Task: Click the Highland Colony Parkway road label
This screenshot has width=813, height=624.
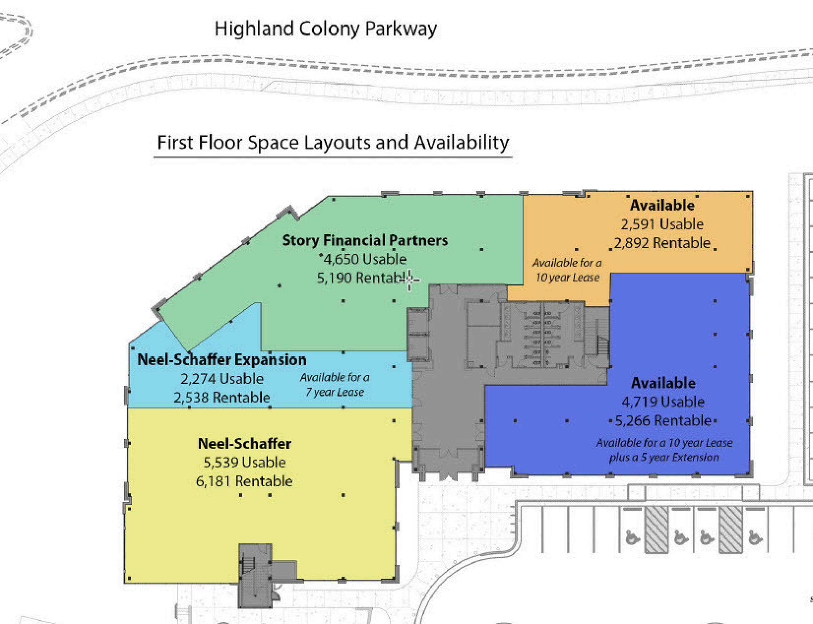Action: click(x=325, y=29)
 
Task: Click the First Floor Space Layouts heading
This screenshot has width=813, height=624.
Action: click(x=333, y=143)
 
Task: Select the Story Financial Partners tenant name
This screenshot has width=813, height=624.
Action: click(x=365, y=240)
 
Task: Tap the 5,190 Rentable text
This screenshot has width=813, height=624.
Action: click(x=362, y=278)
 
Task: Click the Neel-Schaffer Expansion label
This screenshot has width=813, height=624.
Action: click(x=222, y=359)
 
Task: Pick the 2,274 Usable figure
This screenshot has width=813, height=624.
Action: click(x=222, y=378)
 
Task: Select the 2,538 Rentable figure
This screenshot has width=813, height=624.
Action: click(x=222, y=397)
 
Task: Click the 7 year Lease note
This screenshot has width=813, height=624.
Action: click(x=335, y=392)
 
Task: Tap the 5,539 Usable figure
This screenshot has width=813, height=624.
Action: click(x=244, y=462)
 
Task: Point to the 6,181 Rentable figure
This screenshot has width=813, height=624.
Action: click(x=244, y=481)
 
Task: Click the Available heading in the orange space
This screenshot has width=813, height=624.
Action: click(x=662, y=205)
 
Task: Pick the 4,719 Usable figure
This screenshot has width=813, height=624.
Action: click(x=663, y=402)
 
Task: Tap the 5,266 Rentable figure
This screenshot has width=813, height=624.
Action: click(x=663, y=421)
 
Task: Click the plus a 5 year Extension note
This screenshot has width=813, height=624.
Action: click(x=664, y=457)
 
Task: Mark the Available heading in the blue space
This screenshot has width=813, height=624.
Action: click(x=663, y=383)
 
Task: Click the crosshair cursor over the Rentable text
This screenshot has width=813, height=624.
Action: click(x=409, y=279)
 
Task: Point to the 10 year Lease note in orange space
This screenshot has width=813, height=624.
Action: click(x=567, y=277)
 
